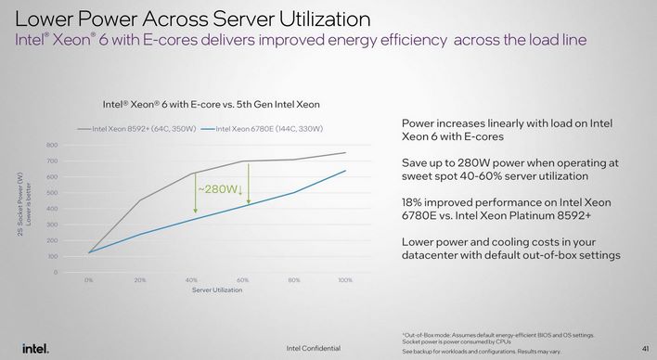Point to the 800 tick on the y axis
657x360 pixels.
click(52, 145)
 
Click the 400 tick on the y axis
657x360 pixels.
click(52, 209)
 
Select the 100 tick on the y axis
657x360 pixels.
click(52, 256)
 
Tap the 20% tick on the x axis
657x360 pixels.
click(140, 279)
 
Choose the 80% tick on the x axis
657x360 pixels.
click(294, 279)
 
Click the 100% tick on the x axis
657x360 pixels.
click(346, 279)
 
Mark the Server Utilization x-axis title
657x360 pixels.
click(217, 289)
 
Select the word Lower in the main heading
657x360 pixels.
click(46, 18)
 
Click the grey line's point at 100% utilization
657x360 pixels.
click(346, 153)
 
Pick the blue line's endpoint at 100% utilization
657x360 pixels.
click(346, 170)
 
